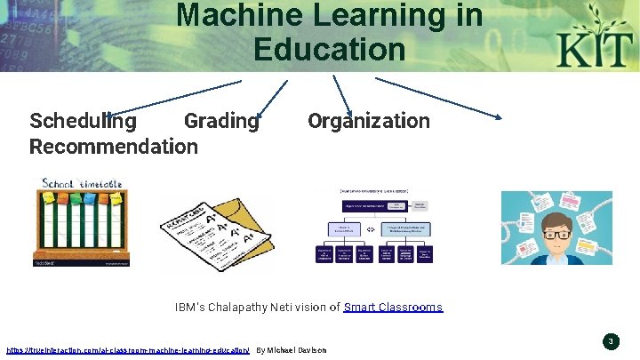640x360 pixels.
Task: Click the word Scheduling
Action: pos(83,121)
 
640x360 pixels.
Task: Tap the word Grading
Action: pos(220,121)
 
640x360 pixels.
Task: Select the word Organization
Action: pos(369,121)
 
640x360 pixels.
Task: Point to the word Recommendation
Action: pos(114,146)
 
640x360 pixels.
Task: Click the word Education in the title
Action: pos(329,48)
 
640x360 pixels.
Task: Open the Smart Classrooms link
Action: pos(393,308)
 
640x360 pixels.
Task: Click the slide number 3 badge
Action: pos(611,341)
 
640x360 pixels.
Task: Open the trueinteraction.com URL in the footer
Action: pos(127,350)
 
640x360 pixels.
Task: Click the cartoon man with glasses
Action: pos(556,228)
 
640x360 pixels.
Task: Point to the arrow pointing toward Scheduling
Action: pos(169,97)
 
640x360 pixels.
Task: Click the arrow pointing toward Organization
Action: pos(343,95)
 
